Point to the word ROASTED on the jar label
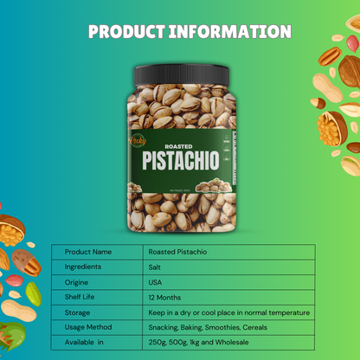click(x=178, y=146)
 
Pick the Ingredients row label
click(x=83, y=267)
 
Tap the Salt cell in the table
click(x=157, y=267)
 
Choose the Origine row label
click(x=77, y=282)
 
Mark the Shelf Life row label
click(x=80, y=298)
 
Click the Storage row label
click(x=78, y=312)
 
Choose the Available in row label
click(x=85, y=344)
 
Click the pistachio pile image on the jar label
click(x=210, y=184)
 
